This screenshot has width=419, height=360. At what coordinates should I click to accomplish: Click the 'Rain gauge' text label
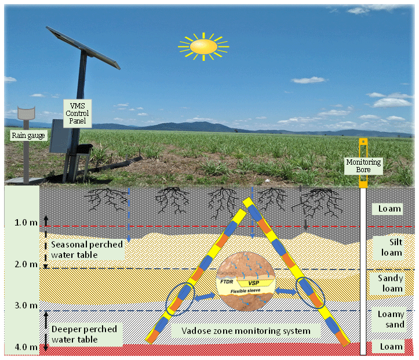[x=29, y=136]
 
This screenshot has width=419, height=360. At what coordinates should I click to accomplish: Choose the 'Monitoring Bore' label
[x=363, y=166]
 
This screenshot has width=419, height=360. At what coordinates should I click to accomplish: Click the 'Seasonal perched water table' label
[x=87, y=249]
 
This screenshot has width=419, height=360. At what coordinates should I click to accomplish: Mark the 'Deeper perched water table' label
[x=85, y=334]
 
